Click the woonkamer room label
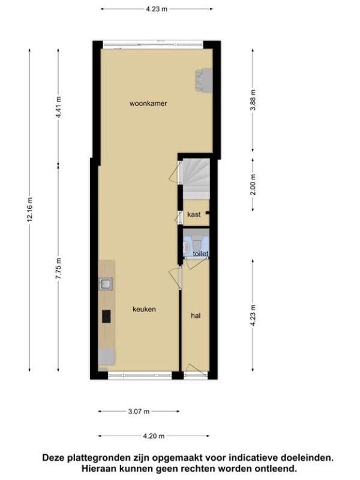[148, 103]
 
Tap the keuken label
[144, 309]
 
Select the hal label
[196, 316]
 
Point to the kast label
[194, 214]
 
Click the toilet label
[201, 254]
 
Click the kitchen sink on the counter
[106, 284]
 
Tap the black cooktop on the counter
[106, 317]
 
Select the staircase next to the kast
[196, 178]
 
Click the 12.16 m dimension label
[29, 209]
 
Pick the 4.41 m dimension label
[58, 107]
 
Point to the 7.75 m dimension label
[58, 268]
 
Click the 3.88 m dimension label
[253, 100]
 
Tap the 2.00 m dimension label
[253, 184]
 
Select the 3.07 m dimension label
[139, 412]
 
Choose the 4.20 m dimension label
[154, 436]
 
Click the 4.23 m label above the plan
[157, 9]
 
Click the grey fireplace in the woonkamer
[204, 80]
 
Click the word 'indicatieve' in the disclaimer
[252, 458]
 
